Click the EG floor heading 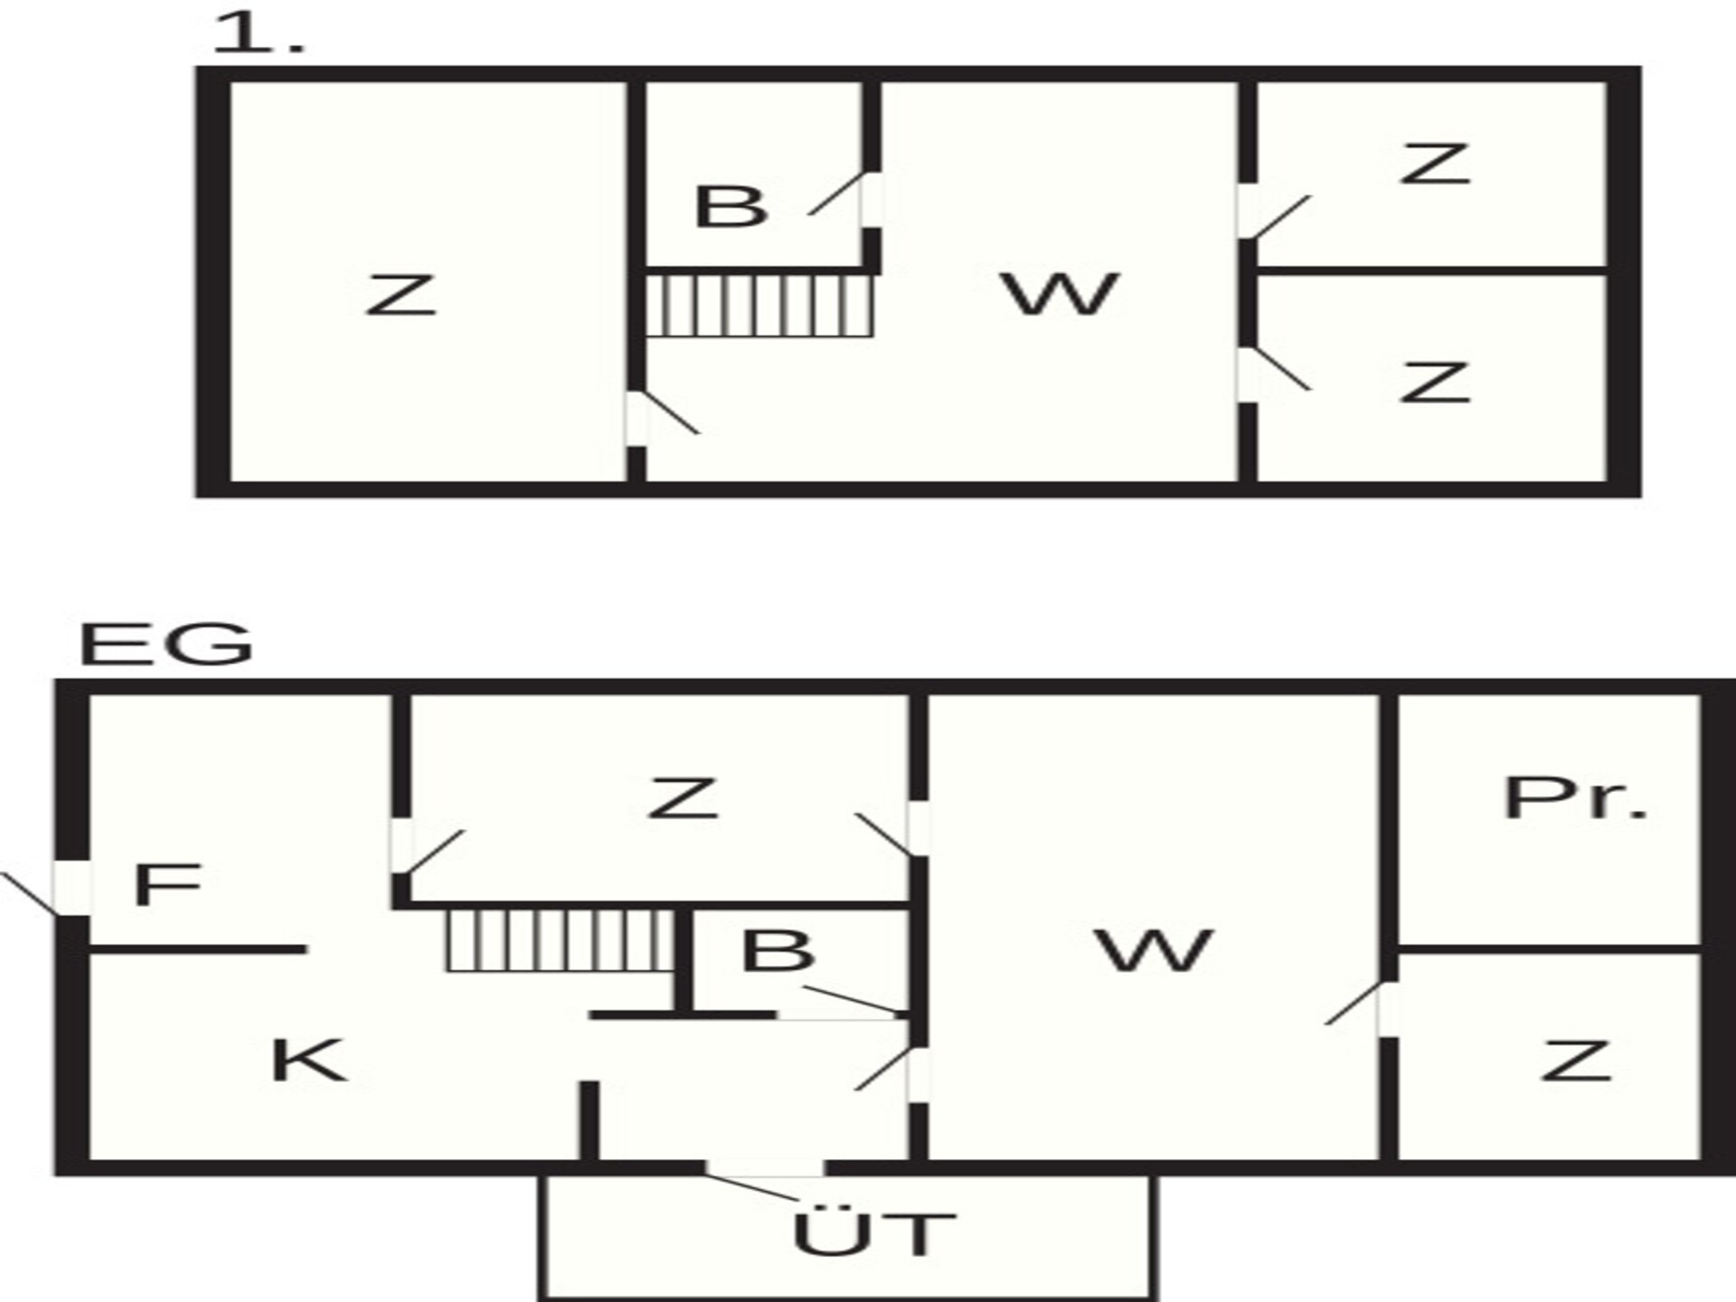(x=166, y=645)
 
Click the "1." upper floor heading (x=259, y=34)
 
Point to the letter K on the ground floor (x=308, y=1060)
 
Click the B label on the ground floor (x=778, y=950)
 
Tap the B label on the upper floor (x=731, y=206)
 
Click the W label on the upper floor (x=1061, y=294)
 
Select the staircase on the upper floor (x=759, y=306)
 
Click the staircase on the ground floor (x=561, y=940)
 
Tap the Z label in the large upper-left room (x=401, y=295)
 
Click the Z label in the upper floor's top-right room (x=1434, y=164)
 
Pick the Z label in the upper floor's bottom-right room (x=1434, y=382)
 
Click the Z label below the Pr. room (x=1576, y=1060)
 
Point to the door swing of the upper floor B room (x=835, y=193)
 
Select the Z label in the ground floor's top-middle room (x=683, y=798)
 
